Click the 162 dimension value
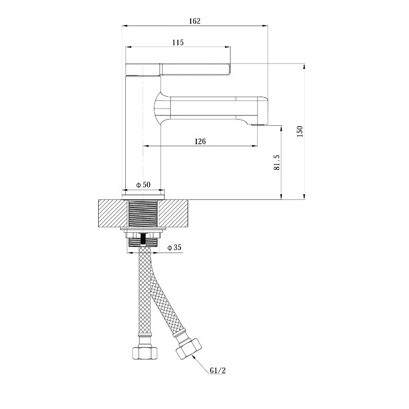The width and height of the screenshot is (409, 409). (195, 21)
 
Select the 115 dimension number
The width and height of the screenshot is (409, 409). (178, 42)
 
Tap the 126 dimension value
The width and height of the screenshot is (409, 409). (200, 142)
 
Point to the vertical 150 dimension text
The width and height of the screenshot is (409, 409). (300, 131)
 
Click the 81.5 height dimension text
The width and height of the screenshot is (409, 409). (277, 163)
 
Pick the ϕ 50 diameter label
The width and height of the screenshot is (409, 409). (143, 185)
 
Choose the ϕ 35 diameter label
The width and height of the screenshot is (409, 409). (174, 247)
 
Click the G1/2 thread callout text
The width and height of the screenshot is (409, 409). (218, 370)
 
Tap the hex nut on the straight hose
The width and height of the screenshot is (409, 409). (145, 353)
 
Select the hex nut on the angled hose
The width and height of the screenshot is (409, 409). (189, 348)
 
